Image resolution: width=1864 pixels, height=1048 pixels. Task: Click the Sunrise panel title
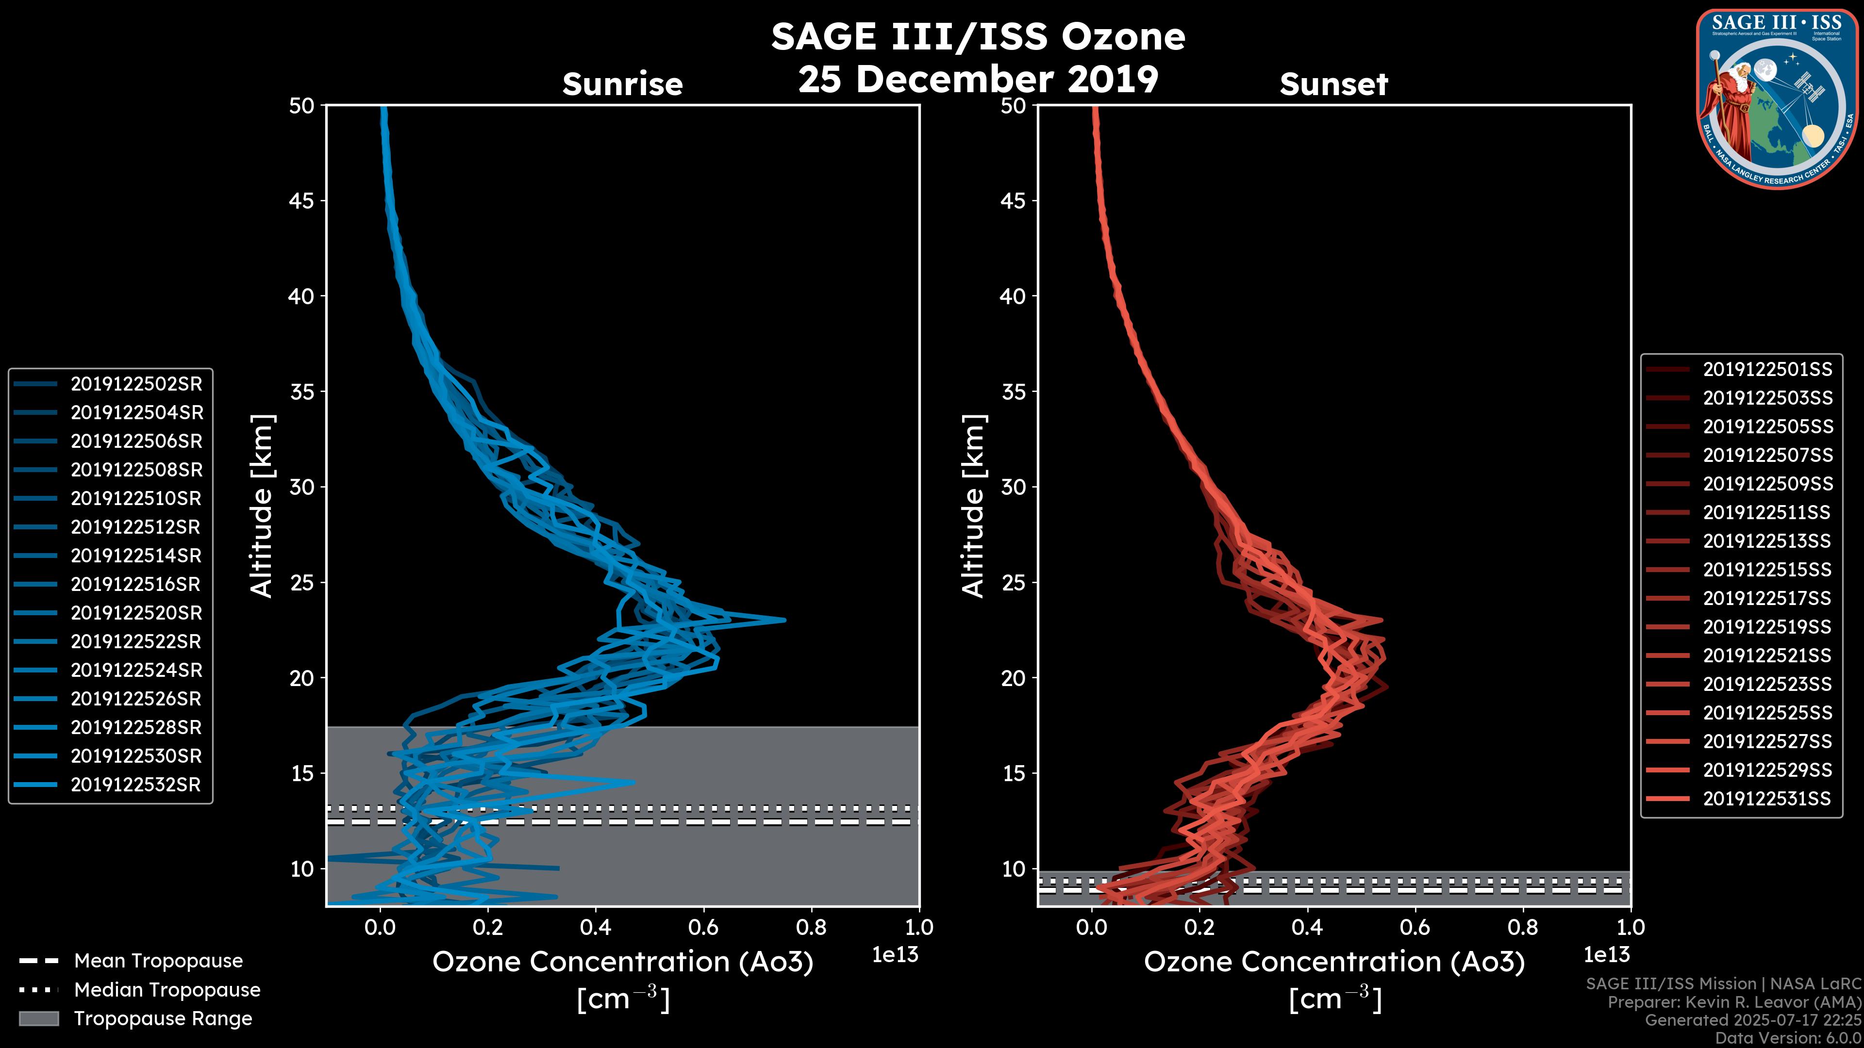(x=622, y=84)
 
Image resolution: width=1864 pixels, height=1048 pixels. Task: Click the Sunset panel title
(x=1333, y=84)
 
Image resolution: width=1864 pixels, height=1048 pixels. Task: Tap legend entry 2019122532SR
(x=135, y=785)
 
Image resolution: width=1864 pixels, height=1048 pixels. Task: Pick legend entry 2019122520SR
(x=136, y=613)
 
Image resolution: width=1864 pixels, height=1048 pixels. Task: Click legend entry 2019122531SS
(x=1767, y=799)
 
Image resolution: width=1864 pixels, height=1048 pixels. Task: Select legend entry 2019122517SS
(x=1767, y=598)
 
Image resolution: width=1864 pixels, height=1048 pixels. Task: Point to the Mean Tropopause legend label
(x=158, y=961)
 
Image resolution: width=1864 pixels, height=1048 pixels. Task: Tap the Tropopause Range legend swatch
(x=38, y=1018)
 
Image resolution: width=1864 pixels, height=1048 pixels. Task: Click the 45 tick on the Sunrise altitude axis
(x=301, y=201)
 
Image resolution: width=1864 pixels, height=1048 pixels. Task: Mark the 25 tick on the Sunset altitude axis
(x=1013, y=583)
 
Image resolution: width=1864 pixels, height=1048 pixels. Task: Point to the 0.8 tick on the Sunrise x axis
(x=811, y=927)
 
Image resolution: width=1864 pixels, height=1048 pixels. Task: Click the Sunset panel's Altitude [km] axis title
(x=973, y=506)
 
